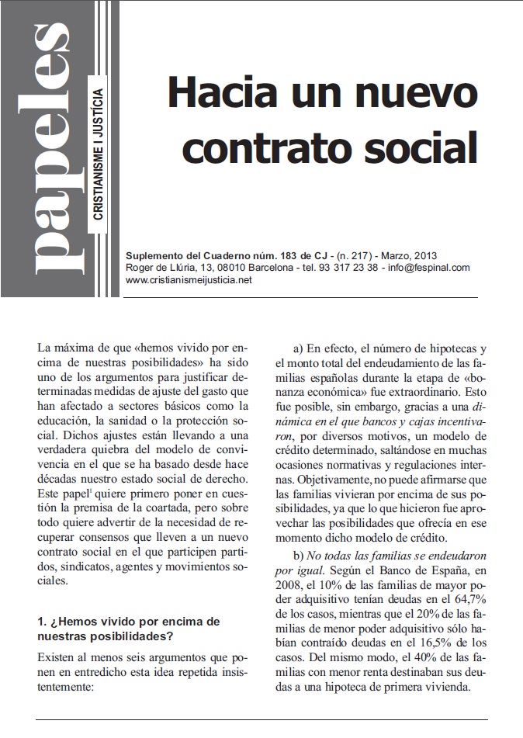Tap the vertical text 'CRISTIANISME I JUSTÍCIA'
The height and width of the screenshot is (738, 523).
coord(98,154)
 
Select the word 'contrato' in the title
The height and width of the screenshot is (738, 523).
coord(263,145)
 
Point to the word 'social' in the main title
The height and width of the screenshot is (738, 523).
coord(422,145)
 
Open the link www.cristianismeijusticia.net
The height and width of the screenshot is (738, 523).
coord(189,280)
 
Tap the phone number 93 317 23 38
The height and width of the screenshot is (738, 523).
coord(352,268)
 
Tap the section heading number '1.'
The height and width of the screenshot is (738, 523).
coord(43,622)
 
